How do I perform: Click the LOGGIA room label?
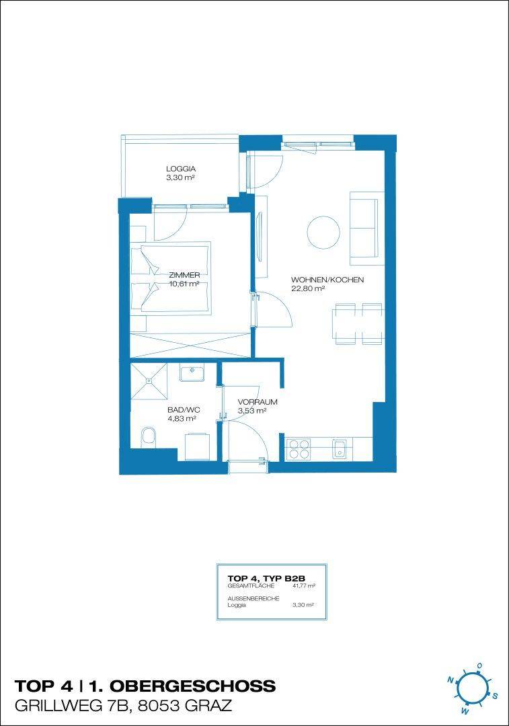click(181, 173)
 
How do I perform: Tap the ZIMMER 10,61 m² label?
click(184, 280)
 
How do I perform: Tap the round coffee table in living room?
click(323, 233)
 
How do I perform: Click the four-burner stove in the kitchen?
click(299, 449)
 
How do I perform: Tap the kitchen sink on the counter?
click(340, 450)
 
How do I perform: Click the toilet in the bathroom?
click(148, 437)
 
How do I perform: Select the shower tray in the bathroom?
click(149, 381)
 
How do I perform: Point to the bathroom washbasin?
click(192, 373)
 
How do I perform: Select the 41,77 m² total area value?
click(304, 586)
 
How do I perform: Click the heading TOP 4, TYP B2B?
click(266, 578)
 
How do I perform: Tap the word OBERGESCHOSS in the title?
click(192, 686)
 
